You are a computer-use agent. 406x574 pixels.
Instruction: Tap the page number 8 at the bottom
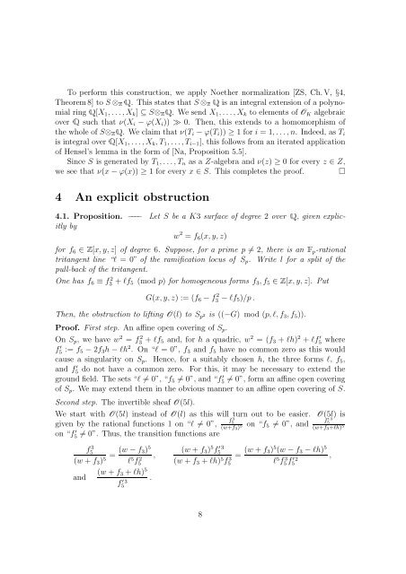pos(203,537)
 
